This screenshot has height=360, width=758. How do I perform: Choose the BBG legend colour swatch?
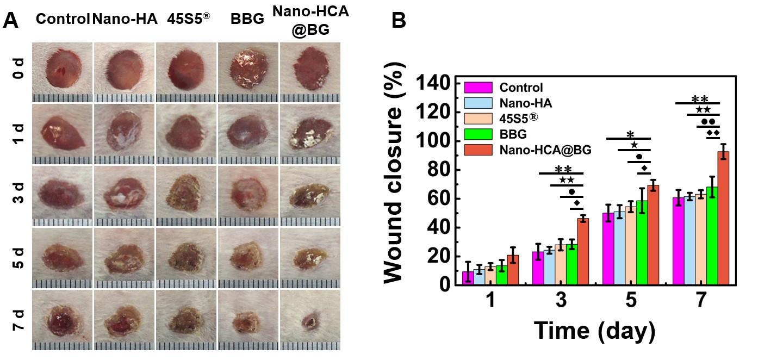(x=479, y=134)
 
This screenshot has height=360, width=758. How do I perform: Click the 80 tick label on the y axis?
(x=438, y=170)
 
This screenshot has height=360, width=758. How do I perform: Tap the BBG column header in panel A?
(x=248, y=19)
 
